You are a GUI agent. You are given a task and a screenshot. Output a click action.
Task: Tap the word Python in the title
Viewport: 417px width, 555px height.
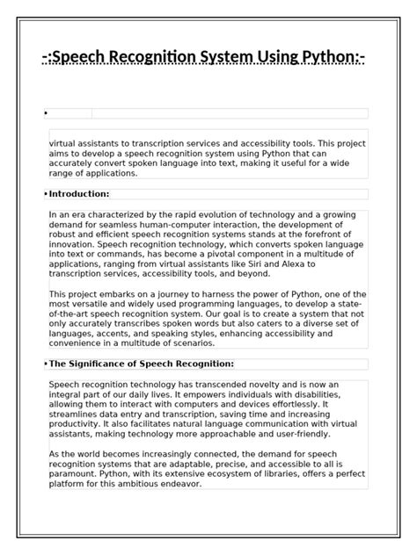(324, 59)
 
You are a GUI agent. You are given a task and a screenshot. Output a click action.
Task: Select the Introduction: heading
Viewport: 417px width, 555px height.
(79, 194)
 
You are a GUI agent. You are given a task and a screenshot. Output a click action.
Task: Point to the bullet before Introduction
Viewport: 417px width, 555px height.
(45, 194)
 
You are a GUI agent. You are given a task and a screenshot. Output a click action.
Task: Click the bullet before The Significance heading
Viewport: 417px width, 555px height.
(45, 364)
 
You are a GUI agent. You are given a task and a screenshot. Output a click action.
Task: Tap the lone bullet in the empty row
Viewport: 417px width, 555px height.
(45, 113)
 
